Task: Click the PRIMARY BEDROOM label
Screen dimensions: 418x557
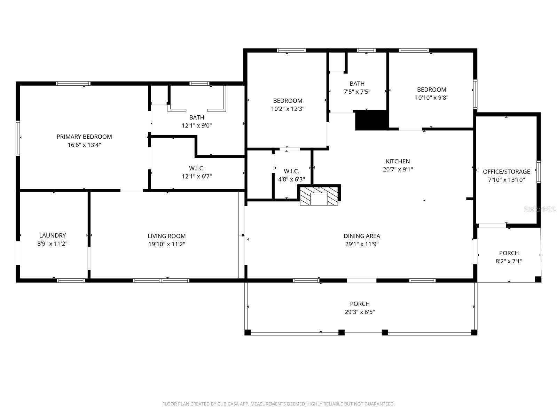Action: [84, 137]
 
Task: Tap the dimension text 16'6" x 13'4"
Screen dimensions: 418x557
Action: [84, 145]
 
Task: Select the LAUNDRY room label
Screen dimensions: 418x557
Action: [52, 235]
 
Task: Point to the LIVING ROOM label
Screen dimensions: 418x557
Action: [166, 236]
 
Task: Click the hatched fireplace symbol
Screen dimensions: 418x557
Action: [319, 196]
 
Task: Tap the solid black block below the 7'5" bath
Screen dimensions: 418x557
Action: [371, 120]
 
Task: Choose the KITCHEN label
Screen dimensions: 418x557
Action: [398, 161]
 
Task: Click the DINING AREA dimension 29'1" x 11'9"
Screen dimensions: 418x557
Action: [362, 244]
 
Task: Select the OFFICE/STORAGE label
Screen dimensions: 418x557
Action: [506, 171]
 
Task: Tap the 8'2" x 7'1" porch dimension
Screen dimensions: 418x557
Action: [509, 261]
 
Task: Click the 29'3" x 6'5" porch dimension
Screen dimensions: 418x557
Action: [360, 312]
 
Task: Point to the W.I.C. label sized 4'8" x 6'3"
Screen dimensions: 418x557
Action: [291, 171]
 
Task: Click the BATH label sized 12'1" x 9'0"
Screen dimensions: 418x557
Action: [197, 117]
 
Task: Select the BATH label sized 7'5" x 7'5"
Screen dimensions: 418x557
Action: [357, 84]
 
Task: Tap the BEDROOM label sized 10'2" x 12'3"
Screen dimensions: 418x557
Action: [288, 101]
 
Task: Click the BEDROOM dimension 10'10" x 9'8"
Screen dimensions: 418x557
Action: [431, 98]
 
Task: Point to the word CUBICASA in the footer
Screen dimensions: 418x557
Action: [229, 404]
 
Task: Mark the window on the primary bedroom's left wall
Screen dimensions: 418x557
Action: [18, 138]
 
